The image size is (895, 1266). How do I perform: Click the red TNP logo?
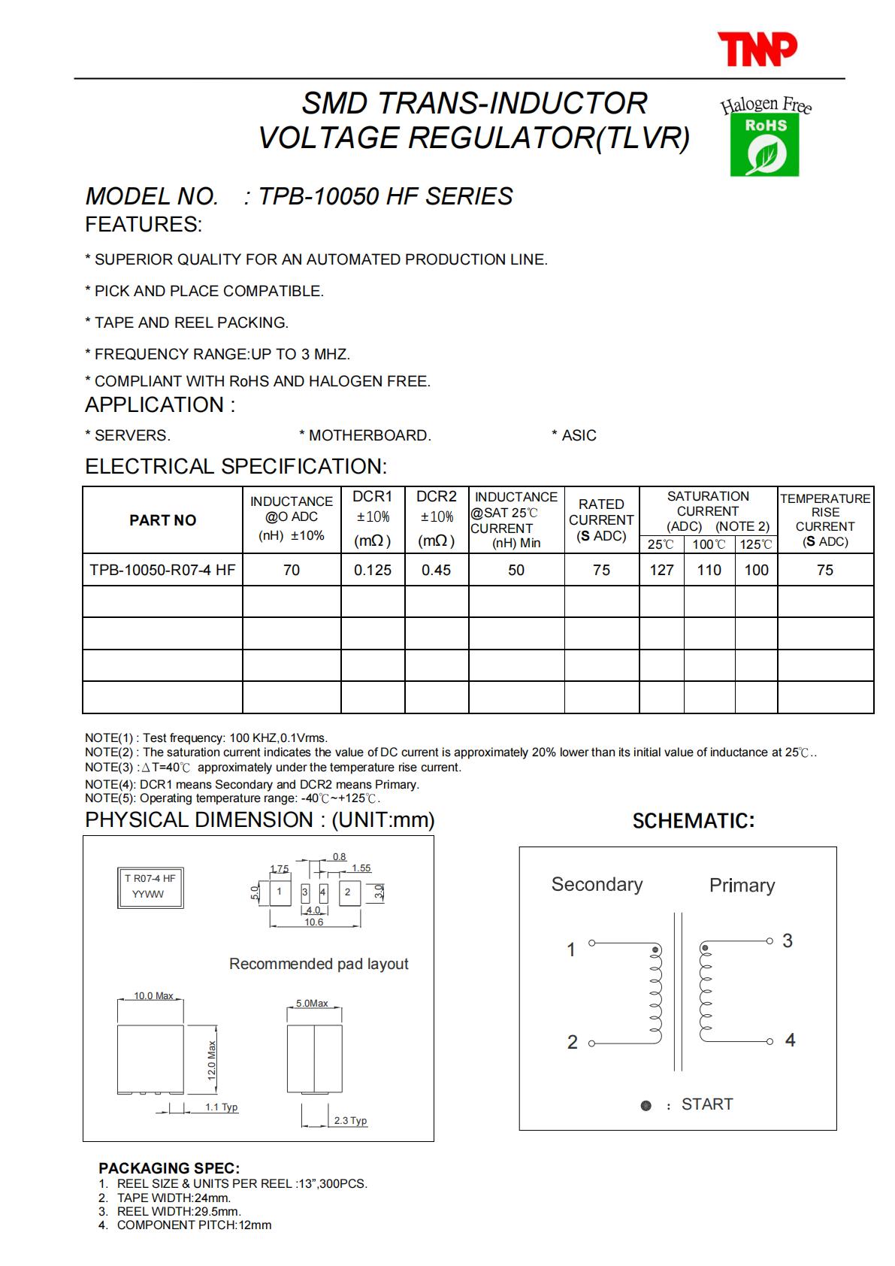tap(757, 49)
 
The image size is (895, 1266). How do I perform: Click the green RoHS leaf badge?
tap(764, 145)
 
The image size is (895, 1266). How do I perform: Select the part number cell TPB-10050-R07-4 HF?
tap(162, 570)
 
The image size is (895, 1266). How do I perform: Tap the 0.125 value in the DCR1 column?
tap(373, 570)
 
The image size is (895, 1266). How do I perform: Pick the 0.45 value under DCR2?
tap(436, 570)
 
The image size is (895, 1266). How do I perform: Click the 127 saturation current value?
tap(661, 570)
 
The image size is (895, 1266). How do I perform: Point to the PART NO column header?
tap(162, 520)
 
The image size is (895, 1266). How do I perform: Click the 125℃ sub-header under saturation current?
tap(756, 544)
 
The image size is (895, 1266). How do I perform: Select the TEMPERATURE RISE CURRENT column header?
tap(825, 519)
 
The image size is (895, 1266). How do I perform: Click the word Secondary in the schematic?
tap(597, 884)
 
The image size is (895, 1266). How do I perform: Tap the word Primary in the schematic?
tap(742, 885)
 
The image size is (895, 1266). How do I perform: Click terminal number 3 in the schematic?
tap(788, 940)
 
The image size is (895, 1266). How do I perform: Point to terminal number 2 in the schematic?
tap(573, 1042)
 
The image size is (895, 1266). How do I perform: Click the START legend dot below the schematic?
tap(646, 1105)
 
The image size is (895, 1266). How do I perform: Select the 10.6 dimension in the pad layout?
tap(314, 922)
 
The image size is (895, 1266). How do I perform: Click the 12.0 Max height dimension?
tap(212, 1060)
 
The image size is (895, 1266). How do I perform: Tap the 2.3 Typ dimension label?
tap(350, 1120)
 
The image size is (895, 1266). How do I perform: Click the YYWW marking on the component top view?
tap(148, 894)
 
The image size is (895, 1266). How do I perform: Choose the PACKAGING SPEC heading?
tap(169, 1168)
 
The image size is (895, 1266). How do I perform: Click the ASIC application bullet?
tap(575, 435)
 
